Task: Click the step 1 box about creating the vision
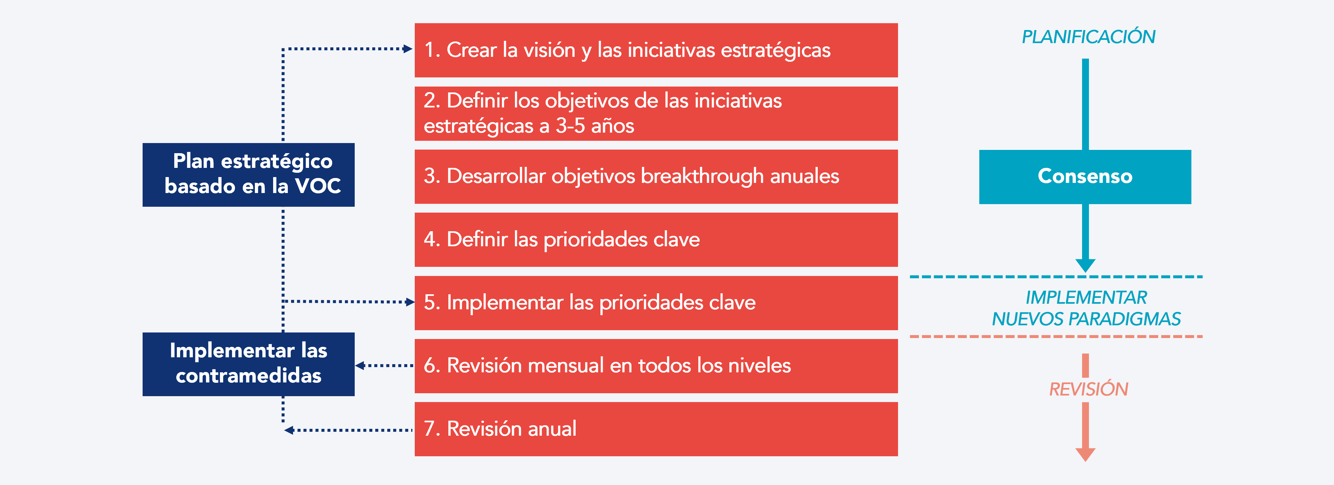(x=656, y=50)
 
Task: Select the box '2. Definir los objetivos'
(x=656, y=113)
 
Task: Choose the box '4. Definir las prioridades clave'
(x=656, y=239)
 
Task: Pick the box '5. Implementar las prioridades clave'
(x=656, y=303)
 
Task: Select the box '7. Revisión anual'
(x=656, y=429)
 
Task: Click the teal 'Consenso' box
(x=1085, y=177)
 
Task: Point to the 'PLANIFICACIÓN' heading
(x=1088, y=37)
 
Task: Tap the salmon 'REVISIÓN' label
(x=1088, y=389)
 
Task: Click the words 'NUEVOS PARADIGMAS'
(x=1086, y=319)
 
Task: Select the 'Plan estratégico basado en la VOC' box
(x=249, y=174)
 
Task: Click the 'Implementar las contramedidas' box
(x=249, y=364)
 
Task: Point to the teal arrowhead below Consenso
(x=1085, y=265)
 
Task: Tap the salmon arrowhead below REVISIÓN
(x=1085, y=454)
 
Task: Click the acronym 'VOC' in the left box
(x=318, y=186)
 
